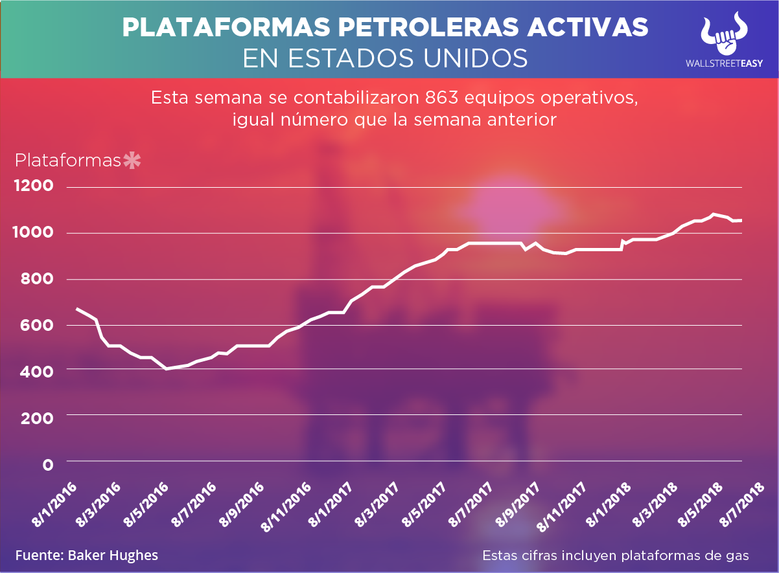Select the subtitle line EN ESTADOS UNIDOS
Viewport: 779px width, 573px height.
385,58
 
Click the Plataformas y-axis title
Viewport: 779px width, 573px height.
68,160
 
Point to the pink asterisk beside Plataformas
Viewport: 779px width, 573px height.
132,160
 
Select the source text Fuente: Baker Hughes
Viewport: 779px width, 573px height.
87,556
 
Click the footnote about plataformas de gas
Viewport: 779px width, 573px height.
616,556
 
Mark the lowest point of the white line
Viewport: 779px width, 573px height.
167,368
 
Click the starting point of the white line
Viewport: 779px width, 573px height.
76,308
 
